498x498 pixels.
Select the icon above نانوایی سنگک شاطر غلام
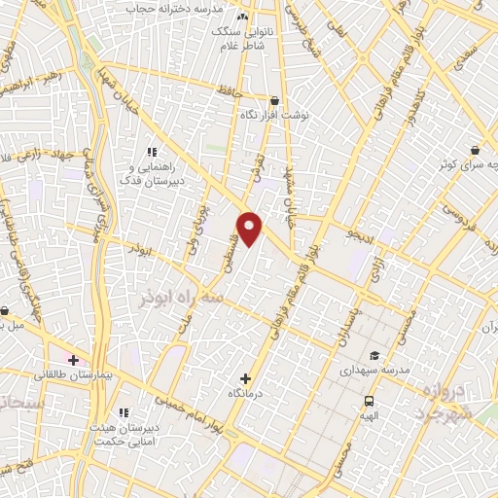tap(242, 17)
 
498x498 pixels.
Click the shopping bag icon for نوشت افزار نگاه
tap(275, 100)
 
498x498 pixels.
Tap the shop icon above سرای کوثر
tap(474, 151)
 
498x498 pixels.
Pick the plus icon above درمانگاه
tap(245, 377)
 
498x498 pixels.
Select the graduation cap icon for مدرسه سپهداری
tap(375, 355)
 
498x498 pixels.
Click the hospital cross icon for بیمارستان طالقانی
tap(73, 360)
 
